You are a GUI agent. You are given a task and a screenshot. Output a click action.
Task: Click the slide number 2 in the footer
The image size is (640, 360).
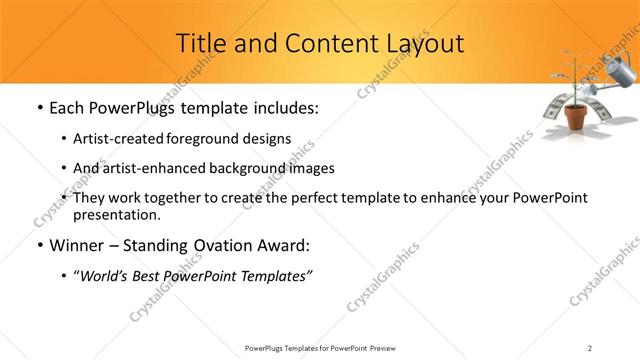pos(590,348)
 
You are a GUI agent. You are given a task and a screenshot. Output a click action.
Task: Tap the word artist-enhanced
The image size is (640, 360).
pos(150,168)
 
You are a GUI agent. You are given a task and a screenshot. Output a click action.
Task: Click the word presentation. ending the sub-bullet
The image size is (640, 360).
pos(116,214)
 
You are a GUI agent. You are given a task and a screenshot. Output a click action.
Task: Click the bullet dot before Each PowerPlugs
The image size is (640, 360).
pos(38,107)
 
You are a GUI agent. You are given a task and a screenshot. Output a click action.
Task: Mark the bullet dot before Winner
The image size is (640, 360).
pos(38,245)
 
